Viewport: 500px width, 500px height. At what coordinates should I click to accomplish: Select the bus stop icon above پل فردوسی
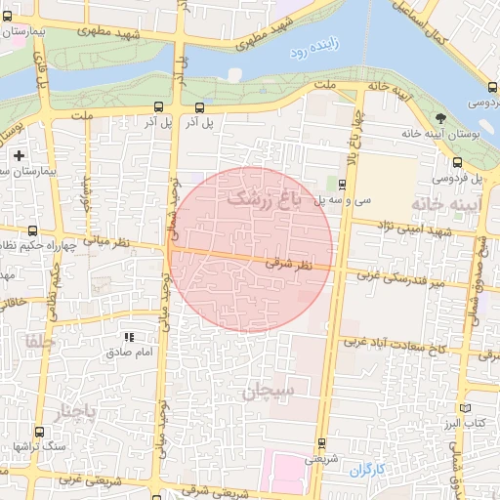tap(456, 162)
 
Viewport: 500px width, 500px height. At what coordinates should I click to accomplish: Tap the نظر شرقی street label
tap(289, 264)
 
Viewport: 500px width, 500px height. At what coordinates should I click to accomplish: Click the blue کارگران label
tap(367, 470)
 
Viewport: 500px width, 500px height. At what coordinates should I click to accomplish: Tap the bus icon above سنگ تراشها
tap(38, 432)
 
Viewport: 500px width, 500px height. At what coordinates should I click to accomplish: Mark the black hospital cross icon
tap(20, 155)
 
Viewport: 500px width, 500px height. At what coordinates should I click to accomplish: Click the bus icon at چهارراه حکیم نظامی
tap(34, 231)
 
